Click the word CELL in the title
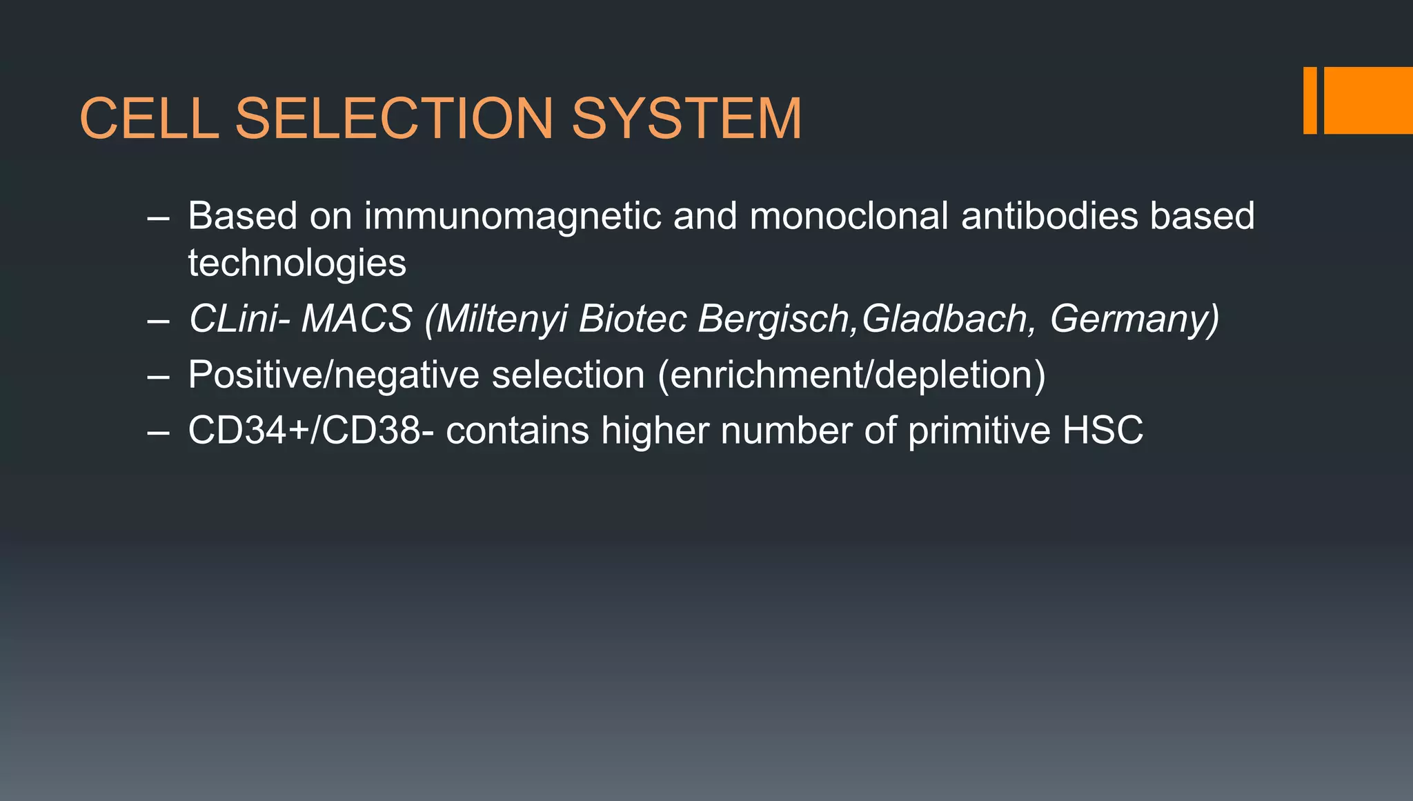coord(149,118)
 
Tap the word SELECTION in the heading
coord(395,118)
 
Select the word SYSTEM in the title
coord(686,118)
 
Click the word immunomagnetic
coord(512,216)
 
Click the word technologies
coord(297,263)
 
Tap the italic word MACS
coord(357,319)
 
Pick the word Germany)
coord(1134,319)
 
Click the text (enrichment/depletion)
coord(851,375)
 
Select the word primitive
coord(979,431)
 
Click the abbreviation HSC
coord(1103,431)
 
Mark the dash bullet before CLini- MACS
coord(158,321)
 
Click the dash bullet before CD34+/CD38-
coord(158,433)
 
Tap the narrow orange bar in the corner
coord(1310,100)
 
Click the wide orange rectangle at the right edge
coord(1368,100)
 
